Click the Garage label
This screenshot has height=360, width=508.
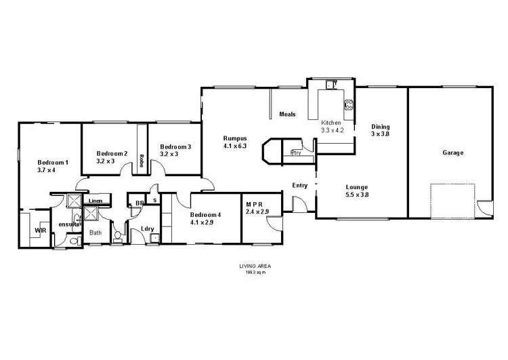452,153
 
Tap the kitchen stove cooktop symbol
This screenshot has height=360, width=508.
350,105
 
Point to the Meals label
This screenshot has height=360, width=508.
288,114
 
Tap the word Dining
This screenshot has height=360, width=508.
380,127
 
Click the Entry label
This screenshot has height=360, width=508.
299,186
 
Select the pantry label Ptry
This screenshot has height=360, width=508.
295,153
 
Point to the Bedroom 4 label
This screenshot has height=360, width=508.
206,214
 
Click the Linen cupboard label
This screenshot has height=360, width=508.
96,201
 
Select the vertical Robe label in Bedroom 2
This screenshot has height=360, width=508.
141,161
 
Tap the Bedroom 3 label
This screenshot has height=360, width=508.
175,147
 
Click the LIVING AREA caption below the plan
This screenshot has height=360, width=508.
255,267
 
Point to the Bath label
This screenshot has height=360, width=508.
96,233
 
